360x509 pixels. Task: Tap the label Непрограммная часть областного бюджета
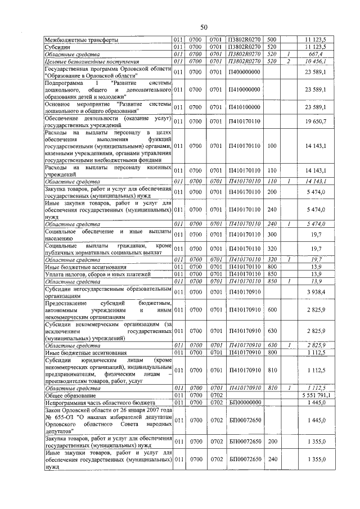click(98, 403)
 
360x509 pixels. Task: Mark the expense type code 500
click(272, 40)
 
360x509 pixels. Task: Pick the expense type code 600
click(272, 309)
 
